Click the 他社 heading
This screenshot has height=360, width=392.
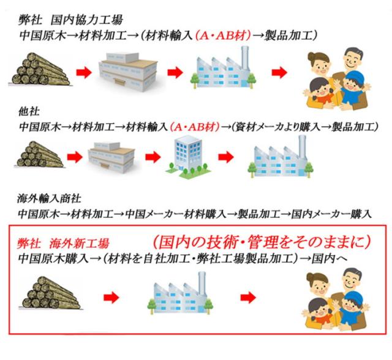(x=26, y=113)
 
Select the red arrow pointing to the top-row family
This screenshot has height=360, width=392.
(x=279, y=73)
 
